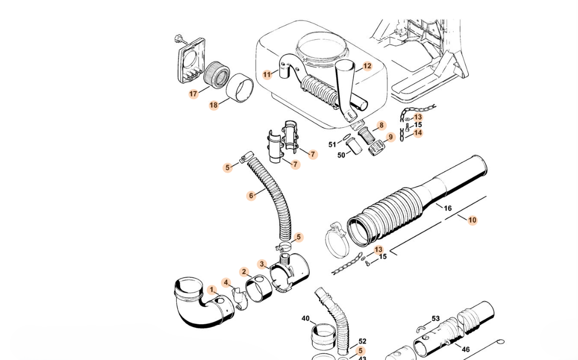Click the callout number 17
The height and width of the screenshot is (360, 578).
(194, 94)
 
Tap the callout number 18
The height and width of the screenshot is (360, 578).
(214, 105)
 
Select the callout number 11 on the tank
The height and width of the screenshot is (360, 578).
(267, 75)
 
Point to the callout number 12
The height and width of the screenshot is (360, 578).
(367, 66)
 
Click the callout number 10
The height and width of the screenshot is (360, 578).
(472, 220)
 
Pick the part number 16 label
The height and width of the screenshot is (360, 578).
(448, 208)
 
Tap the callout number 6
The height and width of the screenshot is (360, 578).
(251, 195)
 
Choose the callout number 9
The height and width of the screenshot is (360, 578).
(391, 137)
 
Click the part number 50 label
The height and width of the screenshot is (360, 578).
(341, 155)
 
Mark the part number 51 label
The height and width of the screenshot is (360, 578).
(332, 145)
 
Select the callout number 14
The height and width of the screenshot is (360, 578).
(418, 133)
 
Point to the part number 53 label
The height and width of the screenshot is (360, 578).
(436, 318)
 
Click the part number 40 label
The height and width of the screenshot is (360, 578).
(306, 318)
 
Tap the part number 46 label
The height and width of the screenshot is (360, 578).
(466, 349)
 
